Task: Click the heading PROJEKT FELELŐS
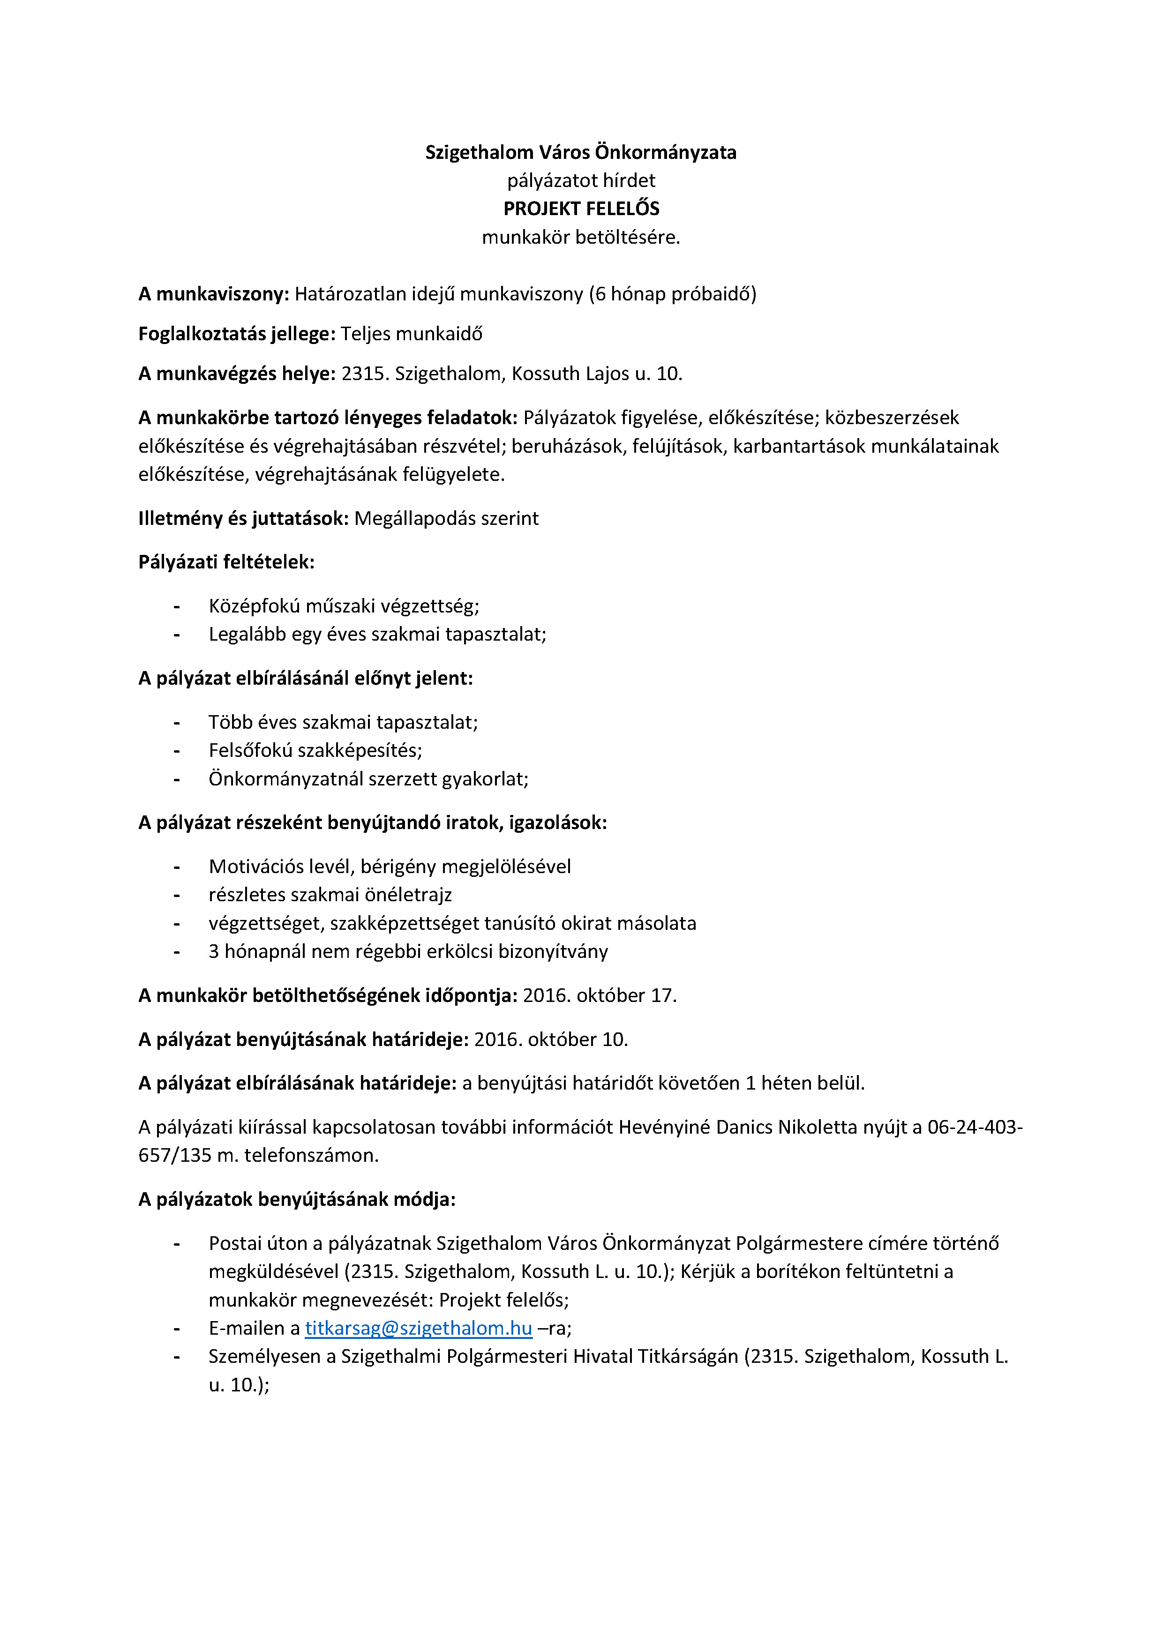[x=581, y=209]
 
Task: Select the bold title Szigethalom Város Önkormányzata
[x=581, y=152]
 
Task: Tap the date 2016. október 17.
[x=600, y=995]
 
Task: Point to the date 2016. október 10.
[x=551, y=1039]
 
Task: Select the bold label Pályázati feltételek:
[x=226, y=561]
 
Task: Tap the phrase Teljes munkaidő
[x=411, y=334]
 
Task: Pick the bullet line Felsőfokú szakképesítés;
[x=315, y=750]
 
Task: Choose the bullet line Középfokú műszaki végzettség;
[x=344, y=606]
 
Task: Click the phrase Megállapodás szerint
[x=446, y=518]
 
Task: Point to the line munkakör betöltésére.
[x=581, y=237]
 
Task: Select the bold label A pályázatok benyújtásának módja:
[x=296, y=1199]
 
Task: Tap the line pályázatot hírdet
[x=581, y=180]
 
